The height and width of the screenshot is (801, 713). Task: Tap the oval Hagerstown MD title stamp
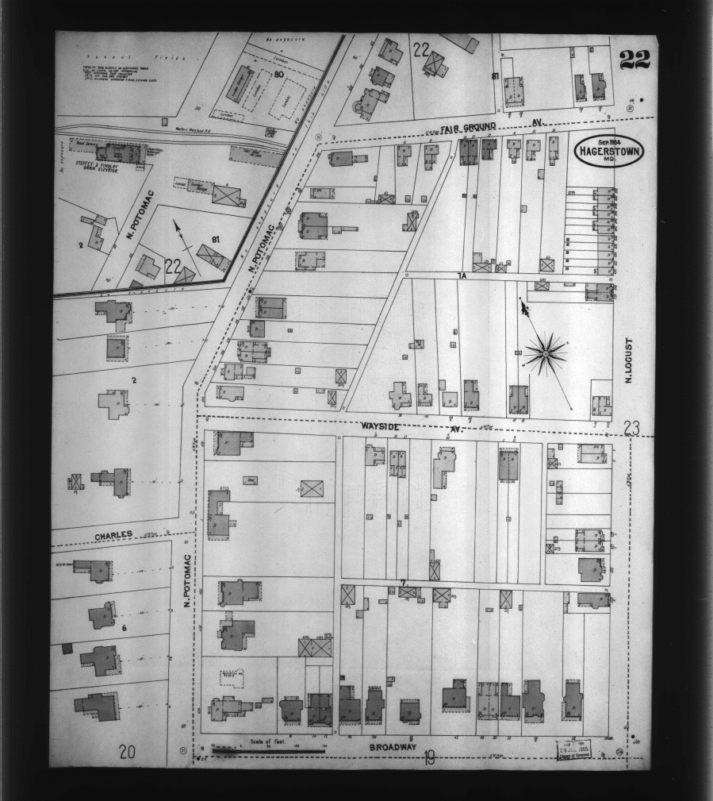coord(609,151)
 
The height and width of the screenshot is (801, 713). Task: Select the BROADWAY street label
coord(393,746)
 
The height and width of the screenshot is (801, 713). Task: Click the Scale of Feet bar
coord(268,749)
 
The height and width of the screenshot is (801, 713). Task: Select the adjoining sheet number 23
coord(631,429)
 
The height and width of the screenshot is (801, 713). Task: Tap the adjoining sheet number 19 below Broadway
coord(428,760)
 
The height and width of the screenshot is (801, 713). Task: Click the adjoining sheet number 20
coord(127,752)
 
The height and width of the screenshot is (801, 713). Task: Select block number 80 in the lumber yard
coord(278,75)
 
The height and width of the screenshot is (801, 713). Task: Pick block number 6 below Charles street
coord(125,627)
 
